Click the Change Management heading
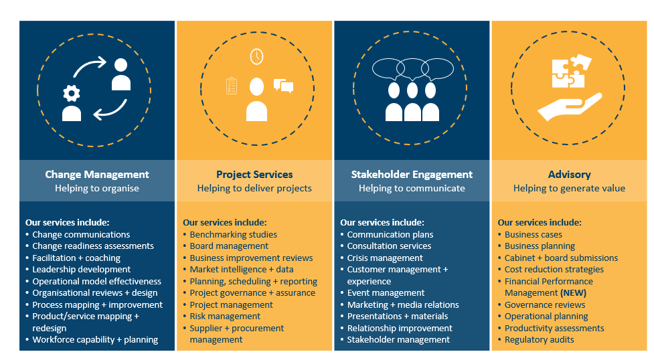[97, 175]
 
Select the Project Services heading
[254, 175]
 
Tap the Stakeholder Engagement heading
[412, 175]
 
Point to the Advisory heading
[569, 175]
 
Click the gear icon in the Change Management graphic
[71, 93]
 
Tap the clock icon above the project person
[256, 57]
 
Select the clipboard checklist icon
[232, 86]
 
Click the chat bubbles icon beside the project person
[283, 86]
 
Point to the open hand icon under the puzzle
[569, 106]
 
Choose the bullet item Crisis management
[385, 258]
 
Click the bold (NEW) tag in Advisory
[573, 293]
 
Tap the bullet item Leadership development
[82, 270]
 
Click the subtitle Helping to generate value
[569, 189]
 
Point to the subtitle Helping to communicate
[412, 189]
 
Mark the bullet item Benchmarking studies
[233, 235]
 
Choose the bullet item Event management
[386, 293]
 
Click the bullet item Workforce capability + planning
[95, 340]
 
